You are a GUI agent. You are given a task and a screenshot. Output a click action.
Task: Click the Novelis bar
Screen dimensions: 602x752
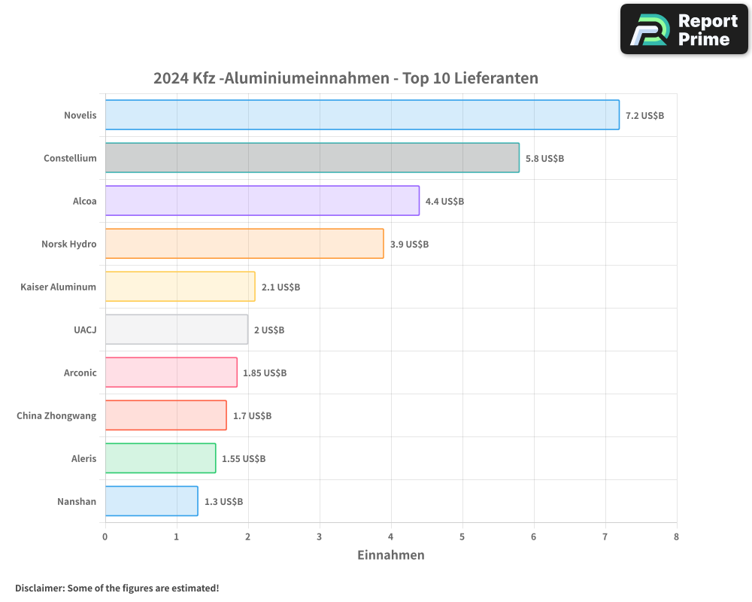362,115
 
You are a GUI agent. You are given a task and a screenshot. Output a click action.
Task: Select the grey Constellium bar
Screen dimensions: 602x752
312,158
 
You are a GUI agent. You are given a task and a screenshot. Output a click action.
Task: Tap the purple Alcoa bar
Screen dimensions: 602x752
262,201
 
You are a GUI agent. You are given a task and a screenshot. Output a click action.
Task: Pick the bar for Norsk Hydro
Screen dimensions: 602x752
244,244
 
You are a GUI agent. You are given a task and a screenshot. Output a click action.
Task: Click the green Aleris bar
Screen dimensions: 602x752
160,458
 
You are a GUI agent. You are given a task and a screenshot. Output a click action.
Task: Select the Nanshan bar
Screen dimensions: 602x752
151,501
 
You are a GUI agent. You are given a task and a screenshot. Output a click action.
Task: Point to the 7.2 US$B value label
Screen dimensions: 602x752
644,116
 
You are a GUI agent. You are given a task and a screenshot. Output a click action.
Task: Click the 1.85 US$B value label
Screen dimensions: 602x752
265,373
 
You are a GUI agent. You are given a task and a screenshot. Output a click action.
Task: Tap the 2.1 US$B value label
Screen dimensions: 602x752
280,287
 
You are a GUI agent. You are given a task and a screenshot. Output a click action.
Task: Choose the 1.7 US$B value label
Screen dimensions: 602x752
252,416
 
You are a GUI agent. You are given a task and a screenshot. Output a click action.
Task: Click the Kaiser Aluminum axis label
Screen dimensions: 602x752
59,287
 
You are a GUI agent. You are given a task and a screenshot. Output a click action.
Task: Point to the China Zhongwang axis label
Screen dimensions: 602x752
56,415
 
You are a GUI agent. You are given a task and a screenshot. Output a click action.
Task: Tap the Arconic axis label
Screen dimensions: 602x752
80,372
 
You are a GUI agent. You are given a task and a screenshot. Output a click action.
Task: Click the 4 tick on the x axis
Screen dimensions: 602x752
391,537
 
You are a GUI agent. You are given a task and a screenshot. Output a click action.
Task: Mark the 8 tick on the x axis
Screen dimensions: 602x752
676,537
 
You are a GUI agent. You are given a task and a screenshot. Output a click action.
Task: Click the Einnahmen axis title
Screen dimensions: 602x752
390,555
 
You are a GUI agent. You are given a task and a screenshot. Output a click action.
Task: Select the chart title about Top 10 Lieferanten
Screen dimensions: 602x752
346,78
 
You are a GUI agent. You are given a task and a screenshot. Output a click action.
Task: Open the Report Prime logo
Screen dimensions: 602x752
684,29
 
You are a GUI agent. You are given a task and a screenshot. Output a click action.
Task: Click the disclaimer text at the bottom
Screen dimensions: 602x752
117,588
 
